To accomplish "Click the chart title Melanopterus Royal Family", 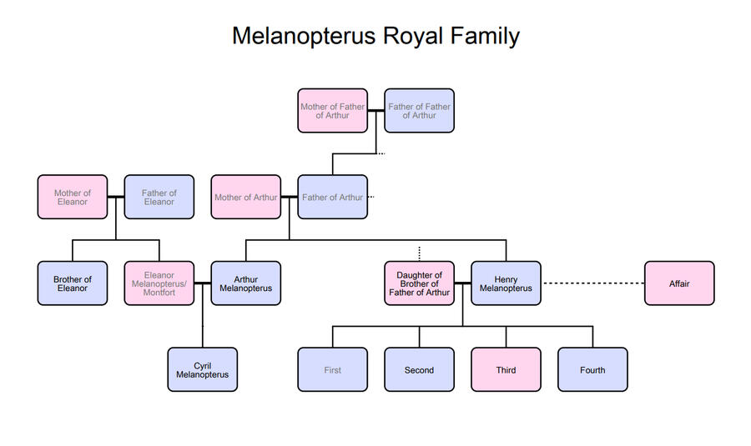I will coord(375,37).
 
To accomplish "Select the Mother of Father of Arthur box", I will coord(332,111).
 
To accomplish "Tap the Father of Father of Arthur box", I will coord(419,111).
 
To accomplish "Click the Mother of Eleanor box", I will coord(73,197).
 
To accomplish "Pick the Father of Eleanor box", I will coord(159,197).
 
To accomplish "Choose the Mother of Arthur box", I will coord(245,197).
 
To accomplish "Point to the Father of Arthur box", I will coord(332,197).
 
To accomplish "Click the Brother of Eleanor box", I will coord(73,283).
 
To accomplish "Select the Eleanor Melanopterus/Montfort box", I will coord(159,283).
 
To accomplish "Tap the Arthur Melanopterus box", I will coord(245,283).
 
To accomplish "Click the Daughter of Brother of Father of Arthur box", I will coord(419,283).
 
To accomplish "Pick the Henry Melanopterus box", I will coord(506,283).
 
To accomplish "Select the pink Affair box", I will coord(679,283).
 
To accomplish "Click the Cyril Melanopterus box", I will coord(202,369).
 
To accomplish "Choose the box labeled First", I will coord(332,369).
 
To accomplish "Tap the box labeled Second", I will coord(419,369).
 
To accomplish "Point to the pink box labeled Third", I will coord(506,369).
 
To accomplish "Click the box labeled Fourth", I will coord(592,369).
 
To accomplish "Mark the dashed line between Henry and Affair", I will coord(592,283).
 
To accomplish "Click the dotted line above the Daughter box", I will coord(419,253).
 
